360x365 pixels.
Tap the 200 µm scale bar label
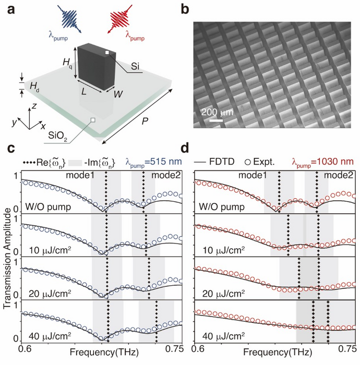[217, 111]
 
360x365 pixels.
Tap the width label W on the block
[120, 95]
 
